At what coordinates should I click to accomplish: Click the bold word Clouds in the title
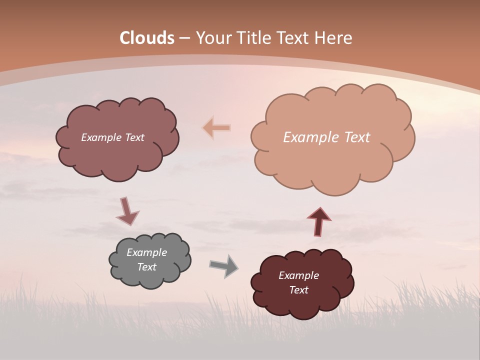point(147,38)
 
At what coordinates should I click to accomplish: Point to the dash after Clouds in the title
point(184,38)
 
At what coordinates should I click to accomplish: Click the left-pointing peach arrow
point(216,128)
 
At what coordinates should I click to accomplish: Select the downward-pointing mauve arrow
point(127,211)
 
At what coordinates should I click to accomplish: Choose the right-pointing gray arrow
point(224,266)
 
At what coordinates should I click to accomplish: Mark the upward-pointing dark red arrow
point(318,221)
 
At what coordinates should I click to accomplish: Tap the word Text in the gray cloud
point(147,267)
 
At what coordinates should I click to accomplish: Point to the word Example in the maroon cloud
point(298,275)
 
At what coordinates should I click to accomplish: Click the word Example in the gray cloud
point(147,252)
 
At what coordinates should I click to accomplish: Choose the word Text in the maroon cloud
point(298,290)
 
